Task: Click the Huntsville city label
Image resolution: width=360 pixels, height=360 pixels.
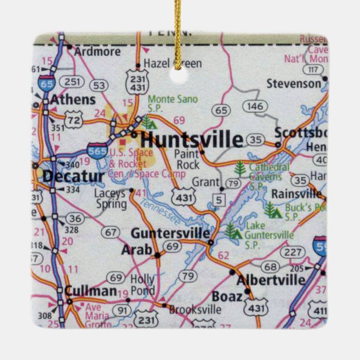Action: click(191, 140)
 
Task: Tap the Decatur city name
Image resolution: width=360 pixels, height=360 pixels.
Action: click(73, 177)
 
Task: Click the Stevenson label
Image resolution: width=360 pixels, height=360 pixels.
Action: click(293, 84)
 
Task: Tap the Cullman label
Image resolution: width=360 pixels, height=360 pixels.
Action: click(91, 291)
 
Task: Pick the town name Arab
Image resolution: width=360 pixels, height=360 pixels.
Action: click(136, 250)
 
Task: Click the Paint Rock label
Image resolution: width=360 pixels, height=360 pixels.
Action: click(187, 159)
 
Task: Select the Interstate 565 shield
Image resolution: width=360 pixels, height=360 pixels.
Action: click(97, 151)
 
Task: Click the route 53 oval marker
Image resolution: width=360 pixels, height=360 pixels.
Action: click(100, 86)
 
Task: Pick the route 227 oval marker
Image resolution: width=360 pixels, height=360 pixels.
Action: click(291, 252)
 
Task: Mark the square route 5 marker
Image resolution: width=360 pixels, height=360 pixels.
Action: click(219, 200)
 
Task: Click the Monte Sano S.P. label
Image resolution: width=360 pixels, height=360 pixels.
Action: click(173, 103)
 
